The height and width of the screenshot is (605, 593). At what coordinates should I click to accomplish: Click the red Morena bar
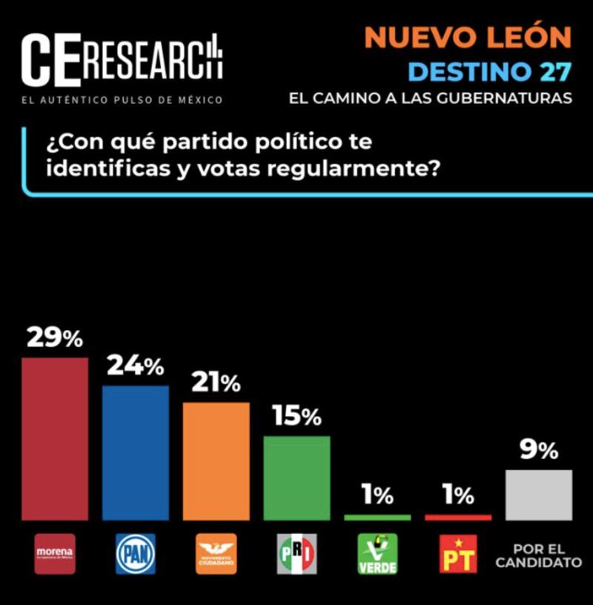tap(55, 438)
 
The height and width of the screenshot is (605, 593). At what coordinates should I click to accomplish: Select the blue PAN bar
tap(136, 452)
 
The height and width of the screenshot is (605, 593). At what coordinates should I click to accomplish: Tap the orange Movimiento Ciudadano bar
tap(216, 460)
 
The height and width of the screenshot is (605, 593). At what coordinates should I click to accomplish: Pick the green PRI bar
tap(296, 477)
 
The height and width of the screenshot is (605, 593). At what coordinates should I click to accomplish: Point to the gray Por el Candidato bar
tap(539, 495)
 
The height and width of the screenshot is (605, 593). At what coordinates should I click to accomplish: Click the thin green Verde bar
tap(377, 517)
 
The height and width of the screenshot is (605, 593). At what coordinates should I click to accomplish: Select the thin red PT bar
tap(458, 517)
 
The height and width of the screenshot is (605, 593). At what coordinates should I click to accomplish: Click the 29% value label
tap(55, 337)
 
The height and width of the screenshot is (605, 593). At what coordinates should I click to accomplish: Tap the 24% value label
tap(136, 366)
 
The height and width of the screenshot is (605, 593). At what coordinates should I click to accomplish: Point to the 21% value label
tap(216, 383)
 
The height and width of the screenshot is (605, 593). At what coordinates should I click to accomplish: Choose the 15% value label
tap(296, 416)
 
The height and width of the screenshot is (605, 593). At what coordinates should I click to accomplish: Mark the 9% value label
tap(539, 450)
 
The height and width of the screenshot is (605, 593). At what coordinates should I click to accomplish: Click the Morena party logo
tap(55, 554)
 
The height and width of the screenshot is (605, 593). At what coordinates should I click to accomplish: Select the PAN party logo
tap(136, 554)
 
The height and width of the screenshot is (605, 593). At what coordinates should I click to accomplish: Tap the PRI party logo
tap(296, 554)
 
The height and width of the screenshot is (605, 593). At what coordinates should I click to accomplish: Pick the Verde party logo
tap(377, 554)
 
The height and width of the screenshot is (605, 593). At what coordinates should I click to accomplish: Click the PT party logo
tap(458, 554)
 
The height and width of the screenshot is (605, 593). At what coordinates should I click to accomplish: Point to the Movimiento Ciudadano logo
tap(216, 554)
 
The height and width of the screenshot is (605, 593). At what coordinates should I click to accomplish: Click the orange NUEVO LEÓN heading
tap(469, 37)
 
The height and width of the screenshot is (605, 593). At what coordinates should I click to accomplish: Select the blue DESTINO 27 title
tap(490, 72)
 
